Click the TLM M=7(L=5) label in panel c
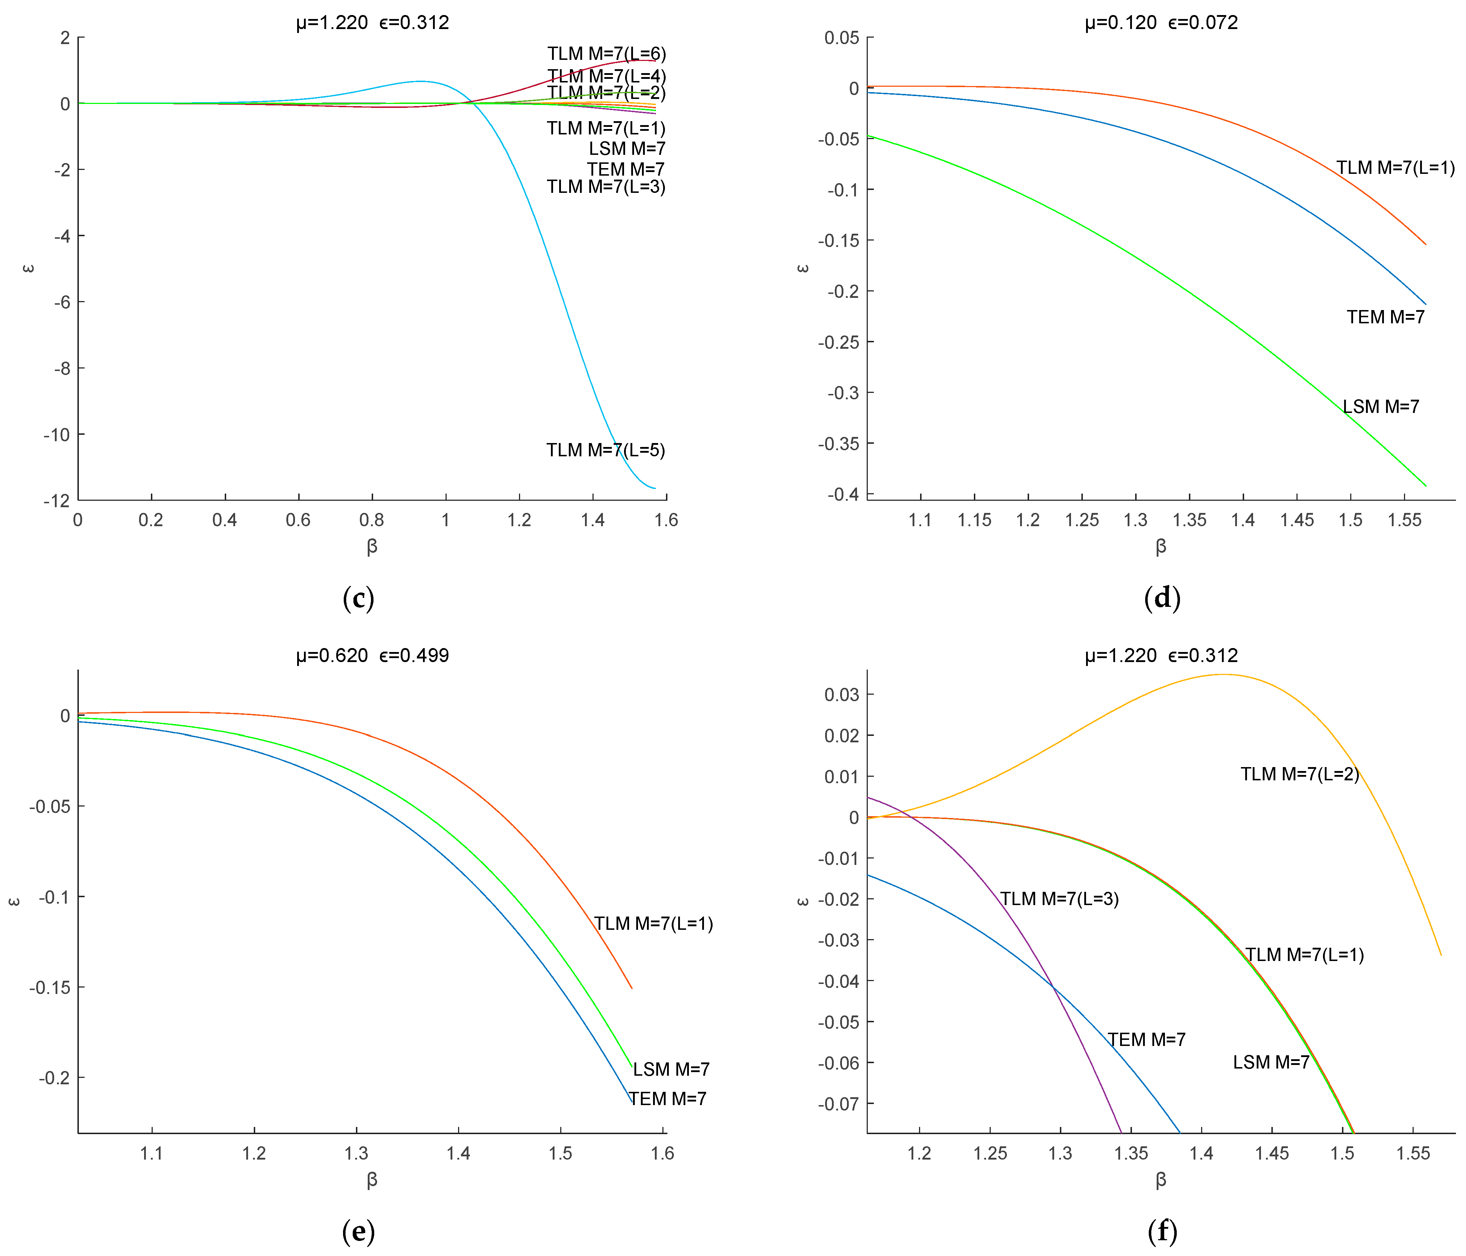(x=606, y=450)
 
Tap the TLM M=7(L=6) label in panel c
(x=606, y=54)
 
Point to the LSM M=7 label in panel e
(x=671, y=1069)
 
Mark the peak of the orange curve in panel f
(x=1223, y=674)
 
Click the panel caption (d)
(x=1162, y=599)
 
